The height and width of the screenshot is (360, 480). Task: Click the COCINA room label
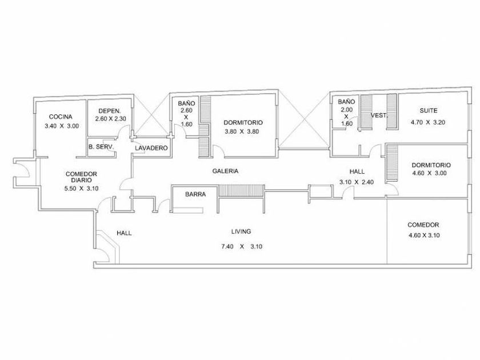pos(60,117)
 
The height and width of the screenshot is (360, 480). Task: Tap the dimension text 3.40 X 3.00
pos(61,126)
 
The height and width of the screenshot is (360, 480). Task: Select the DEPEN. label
pos(109,111)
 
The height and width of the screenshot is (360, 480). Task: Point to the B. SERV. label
pos(102,147)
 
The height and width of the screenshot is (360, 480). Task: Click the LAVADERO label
pos(151,149)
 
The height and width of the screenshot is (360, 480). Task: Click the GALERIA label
pos(225,171)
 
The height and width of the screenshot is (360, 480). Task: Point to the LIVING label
pos(241,231)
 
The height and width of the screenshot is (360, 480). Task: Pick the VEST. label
pos(379,115)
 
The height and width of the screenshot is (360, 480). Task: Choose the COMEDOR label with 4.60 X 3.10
pos(423,225)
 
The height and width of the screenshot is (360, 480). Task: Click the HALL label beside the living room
pos(124,233)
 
